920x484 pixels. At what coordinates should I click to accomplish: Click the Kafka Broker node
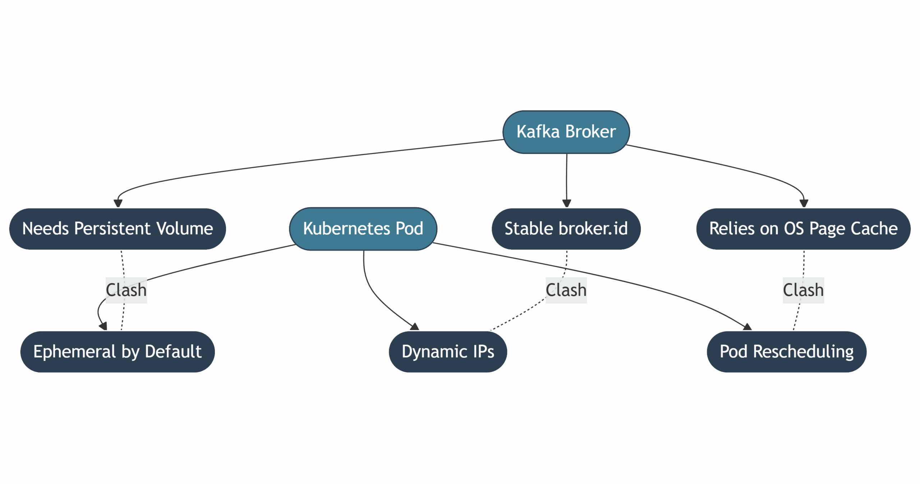tap(566, 132)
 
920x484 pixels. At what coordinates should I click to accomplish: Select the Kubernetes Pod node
tap(363, 229)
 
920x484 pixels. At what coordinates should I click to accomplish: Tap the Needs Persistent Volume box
tap(118, 229)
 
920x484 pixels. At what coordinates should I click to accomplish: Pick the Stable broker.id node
tap(566, 229)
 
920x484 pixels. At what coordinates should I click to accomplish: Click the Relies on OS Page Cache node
tap(803, 229)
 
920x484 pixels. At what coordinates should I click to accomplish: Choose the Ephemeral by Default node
tap(118, 352)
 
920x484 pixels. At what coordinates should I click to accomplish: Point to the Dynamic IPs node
tap(447, 352)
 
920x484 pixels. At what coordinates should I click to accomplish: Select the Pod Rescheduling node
tap(786, 352)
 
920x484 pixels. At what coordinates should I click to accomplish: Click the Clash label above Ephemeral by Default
tap(126, 290)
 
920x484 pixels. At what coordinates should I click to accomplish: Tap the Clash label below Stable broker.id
tap(566, 290)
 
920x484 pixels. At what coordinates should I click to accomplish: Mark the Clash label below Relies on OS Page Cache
tap(803, 290)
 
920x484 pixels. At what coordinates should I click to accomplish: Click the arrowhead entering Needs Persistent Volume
tap(118, 204)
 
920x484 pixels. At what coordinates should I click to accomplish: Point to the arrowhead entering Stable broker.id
tap(566, 204)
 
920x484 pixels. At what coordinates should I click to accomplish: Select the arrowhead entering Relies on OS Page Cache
tap(804, 204)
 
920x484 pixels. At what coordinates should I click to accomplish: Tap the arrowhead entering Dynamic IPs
tap(415, 327)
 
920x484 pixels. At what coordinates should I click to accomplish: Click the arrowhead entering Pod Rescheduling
tap(747, 327)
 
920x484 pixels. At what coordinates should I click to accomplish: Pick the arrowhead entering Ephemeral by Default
tap(103, 326)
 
